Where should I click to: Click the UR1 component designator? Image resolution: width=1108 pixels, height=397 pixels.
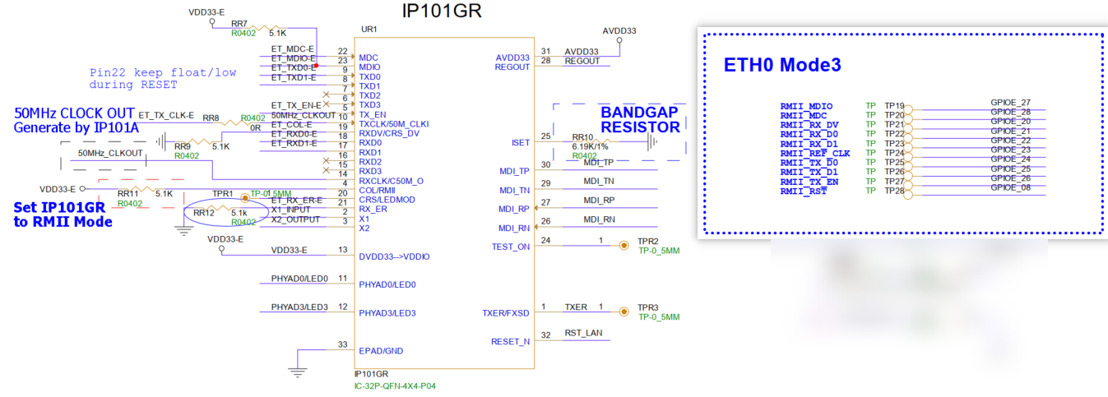(369, 30)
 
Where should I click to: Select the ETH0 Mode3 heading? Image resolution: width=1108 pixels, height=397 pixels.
(781, 65)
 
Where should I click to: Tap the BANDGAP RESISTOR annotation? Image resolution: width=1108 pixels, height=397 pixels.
(640, 119)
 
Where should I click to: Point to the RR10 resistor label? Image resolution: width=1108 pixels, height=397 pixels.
(582, 136)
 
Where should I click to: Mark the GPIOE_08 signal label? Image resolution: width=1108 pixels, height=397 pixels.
(1011, 187)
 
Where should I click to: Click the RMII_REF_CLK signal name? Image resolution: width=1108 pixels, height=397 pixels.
(814, 154)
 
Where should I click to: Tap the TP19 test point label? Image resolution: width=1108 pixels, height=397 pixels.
(894, 106)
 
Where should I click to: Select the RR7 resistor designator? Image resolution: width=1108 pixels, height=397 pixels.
(239, 24)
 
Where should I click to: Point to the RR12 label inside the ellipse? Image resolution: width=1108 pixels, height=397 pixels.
(203, 212)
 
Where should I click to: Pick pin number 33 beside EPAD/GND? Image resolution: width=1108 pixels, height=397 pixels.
(342, 344)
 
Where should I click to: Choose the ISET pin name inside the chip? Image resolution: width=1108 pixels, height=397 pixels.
(520, 143)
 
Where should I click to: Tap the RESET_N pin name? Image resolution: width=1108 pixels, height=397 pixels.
(511, 341)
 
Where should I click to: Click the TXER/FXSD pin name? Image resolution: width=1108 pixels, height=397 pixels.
(506, 312)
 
